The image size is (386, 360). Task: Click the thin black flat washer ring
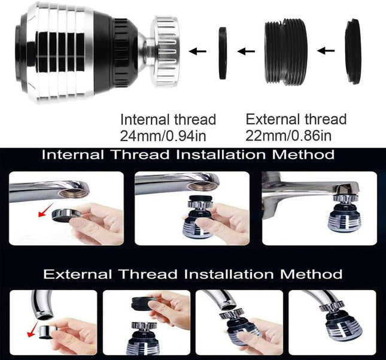click(223, 53)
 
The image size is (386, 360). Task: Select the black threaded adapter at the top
click(286, 53)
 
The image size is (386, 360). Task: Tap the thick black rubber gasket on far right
click(353, 51)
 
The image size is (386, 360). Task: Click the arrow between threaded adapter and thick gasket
click(326, 51)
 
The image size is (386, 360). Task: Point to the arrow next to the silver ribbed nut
click(197, 51)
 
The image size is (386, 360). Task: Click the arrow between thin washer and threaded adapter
click(246, 51)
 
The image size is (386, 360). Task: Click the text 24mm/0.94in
click(163, 136)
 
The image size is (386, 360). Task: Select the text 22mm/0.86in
click(288, 136)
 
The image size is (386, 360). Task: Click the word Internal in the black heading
click(73, 155)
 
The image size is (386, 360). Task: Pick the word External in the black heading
click(77, 274)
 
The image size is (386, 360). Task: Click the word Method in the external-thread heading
click(311, 274)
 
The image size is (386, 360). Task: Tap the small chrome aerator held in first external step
click(48, 332)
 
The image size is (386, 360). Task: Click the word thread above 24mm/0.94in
click(195, 120)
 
